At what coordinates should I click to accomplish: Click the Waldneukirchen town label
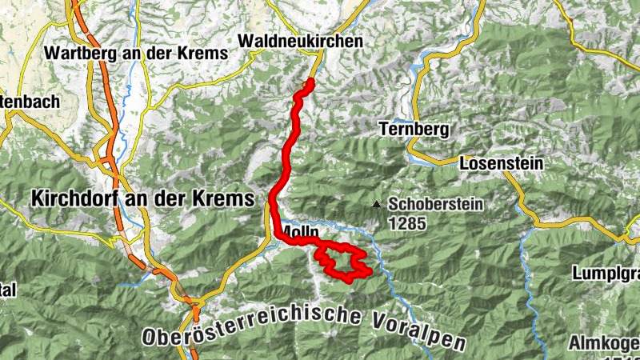click(x=301, y=41)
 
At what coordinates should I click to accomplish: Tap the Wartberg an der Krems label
click(x=138, y=53)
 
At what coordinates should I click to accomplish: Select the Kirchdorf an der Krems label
click(x=142, y=198)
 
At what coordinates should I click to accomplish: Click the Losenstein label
click(x=502, y=163)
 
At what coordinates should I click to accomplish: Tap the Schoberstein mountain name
click(x=436, y=204)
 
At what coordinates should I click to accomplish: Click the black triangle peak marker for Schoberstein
click(x=376, y=204)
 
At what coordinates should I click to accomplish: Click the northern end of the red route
click(x=310, y=82)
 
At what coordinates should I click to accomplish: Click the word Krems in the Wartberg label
click(x=204, y=53)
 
